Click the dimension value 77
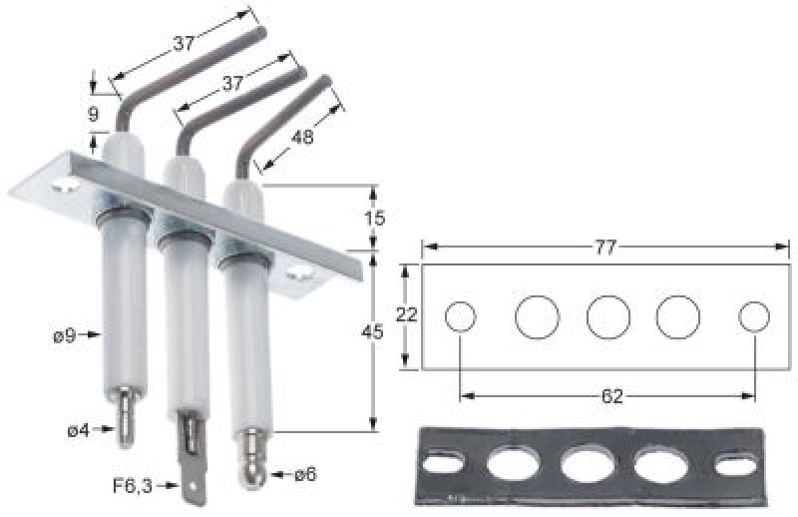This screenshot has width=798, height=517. coord(605,249)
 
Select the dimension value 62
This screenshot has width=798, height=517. coord(611,396)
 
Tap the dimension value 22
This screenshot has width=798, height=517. coord(407,314)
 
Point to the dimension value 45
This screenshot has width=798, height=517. coord(372,332)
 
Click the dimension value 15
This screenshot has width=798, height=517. coord(375,219)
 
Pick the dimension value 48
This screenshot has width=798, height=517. coord(302,136)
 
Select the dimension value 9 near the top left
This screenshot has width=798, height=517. coord(93,114)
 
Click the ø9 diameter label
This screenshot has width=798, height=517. coord(65,335)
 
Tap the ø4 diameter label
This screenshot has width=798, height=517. coord(79,430)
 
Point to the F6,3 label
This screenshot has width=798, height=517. coord(133,486)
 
